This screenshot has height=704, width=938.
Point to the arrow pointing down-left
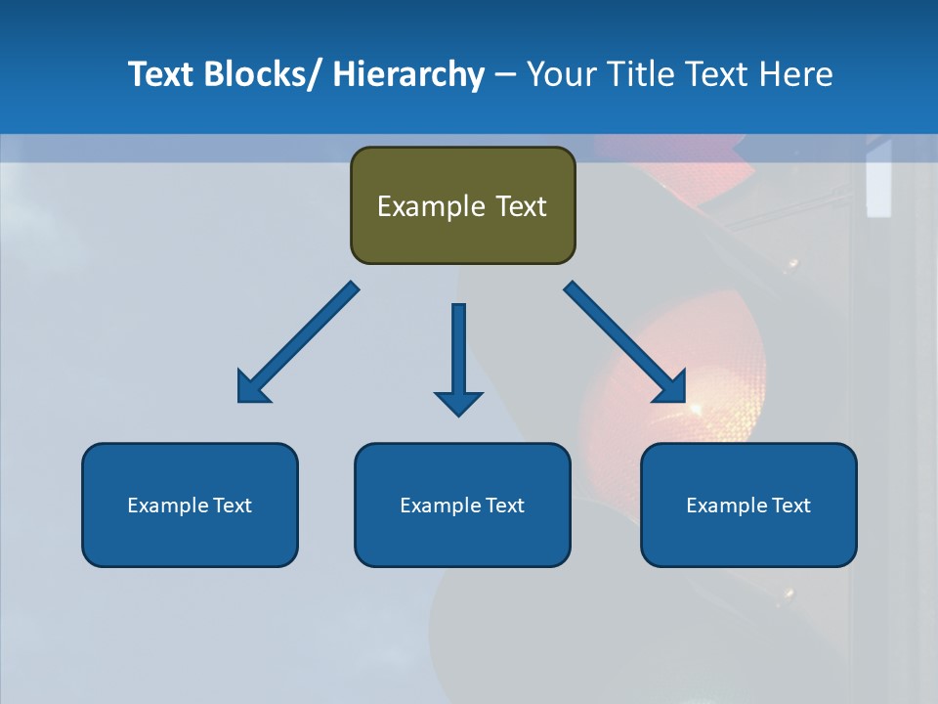(x=298, y=342)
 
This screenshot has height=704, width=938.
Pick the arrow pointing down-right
(x=625, y=342)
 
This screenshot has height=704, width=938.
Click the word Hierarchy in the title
(x=408, y=74)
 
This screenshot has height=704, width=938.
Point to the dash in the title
(x=505, y=75)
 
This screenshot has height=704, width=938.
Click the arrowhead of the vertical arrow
(x=458, y=402)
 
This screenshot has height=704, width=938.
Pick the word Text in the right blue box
(x=790, y=506)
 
